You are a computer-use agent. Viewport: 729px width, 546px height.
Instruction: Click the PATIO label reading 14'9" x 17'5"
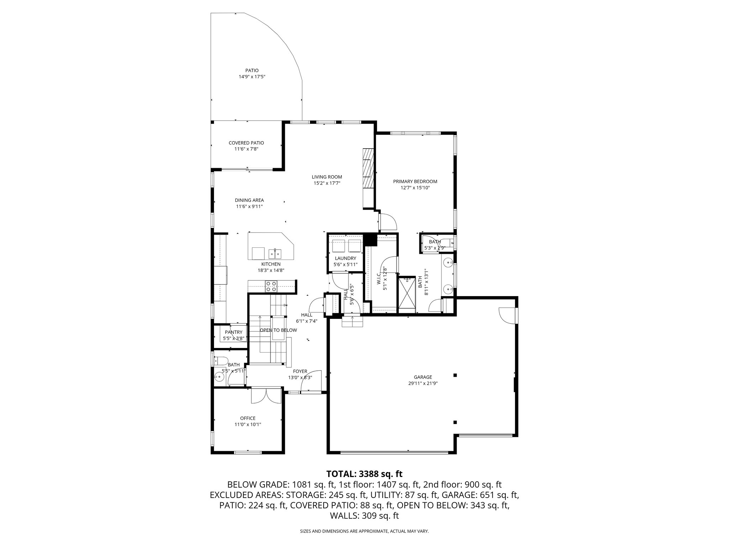pyautogui.click(x=252, y=77)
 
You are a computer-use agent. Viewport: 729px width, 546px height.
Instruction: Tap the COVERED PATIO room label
pyautogui.click(x=246, y=143)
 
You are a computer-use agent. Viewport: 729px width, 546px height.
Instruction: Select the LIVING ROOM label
pyautogui.click(x=327, y=177)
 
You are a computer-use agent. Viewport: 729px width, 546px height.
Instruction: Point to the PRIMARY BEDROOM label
pyautogui.click(x=415, y=182)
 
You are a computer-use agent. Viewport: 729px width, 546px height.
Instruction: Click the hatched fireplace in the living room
pyautogui.click(x=368, y=168)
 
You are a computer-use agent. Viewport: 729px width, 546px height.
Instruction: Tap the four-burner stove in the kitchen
pyautogui.click(x=271, y=286)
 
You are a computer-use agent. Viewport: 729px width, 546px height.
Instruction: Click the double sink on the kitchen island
pyautogui.click(x=275, y=253)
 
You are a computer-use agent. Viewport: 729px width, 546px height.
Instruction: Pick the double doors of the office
pyautogui.click(x=266, y=396)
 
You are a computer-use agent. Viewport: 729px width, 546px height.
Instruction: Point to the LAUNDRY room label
pyautogui.click(x=345, y=258)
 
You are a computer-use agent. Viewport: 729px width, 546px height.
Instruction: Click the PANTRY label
pyautogui.click(x=234, y=332)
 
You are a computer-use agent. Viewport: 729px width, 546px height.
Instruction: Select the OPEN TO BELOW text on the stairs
pyautogui.click(x=278, y=330)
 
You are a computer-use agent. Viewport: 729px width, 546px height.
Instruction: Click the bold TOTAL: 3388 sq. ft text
pyautogui.click(x=364, y=474)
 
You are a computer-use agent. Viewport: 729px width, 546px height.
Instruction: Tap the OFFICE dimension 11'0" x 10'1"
pyautogui.click(x=248, y=424)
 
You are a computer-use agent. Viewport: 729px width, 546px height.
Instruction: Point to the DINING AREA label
pyautogui.click(x=249, y=200)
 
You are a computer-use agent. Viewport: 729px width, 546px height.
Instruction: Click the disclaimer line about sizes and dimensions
pyautogui.click(x=364, y=531)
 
